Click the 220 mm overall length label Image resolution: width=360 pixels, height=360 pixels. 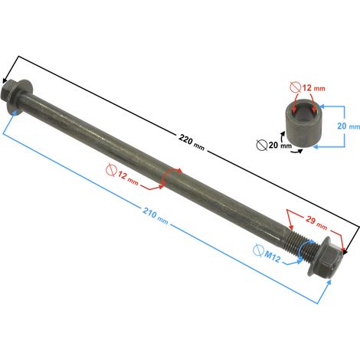(191, 142)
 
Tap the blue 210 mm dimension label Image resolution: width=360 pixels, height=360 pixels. (155, 216)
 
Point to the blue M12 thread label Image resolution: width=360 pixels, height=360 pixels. (272, 257)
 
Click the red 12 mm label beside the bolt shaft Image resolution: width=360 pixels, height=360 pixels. (128, 178)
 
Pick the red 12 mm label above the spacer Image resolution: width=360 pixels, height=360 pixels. (314, 88)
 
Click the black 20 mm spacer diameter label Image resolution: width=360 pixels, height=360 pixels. (280, 145)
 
